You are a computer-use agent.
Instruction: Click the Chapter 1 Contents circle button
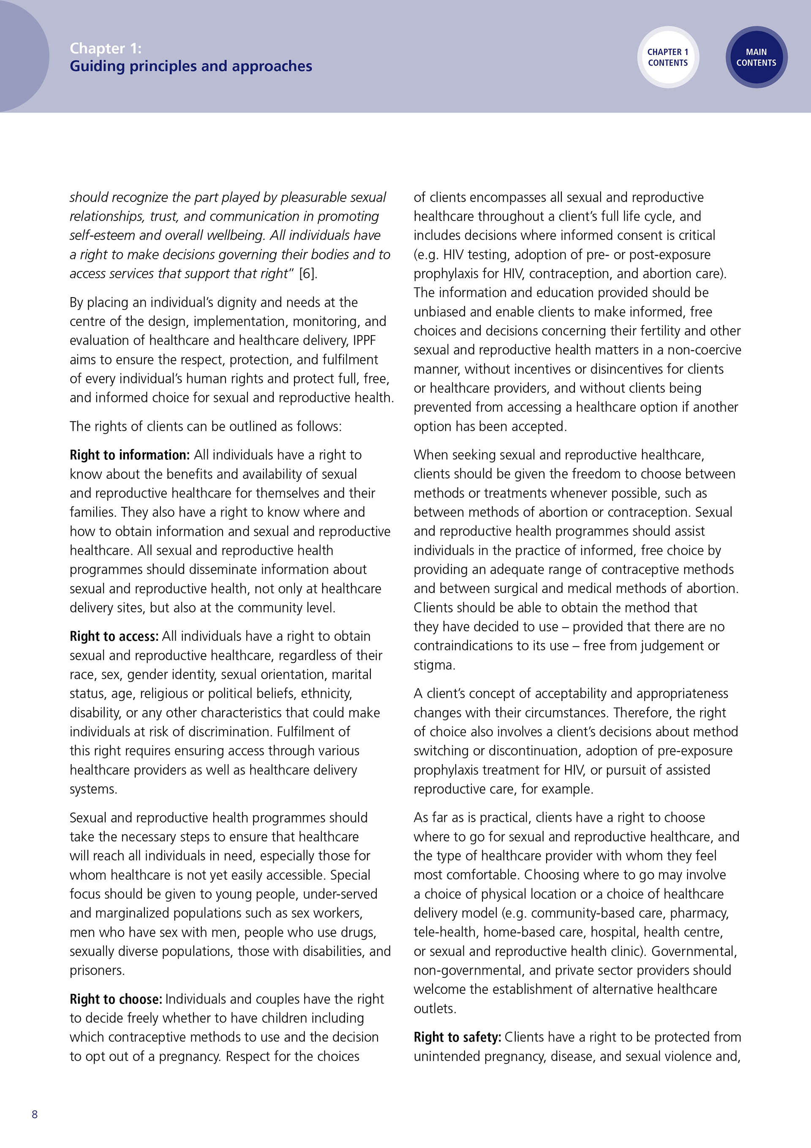[x=667, y=57]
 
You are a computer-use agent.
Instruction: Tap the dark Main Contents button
[x=756, y=57]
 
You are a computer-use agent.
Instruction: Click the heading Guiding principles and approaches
[x=191, y=66]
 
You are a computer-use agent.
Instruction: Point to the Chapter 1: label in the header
[x=106, y=48]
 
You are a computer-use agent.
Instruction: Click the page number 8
[x=35, y=1114]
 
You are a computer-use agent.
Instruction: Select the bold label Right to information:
[x=129, y=455]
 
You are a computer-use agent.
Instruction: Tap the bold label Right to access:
[x=114, y=637]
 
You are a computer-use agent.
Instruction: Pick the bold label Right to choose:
[x=116, y=999]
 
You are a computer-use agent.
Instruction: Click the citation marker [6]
[x=308, y=273]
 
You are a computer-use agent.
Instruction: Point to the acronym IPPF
[x=364, y=341]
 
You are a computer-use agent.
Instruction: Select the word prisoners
[x=98, y=970]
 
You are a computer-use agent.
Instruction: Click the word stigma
[x=434, y=665]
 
